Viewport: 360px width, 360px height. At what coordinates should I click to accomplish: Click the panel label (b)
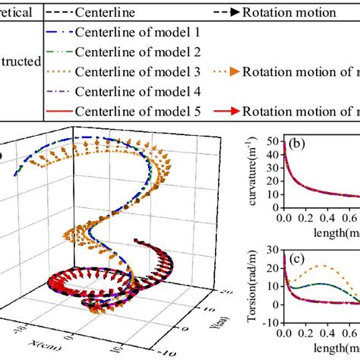(x=298, y=144)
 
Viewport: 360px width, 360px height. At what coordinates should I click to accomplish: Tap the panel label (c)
(x=297, y=259)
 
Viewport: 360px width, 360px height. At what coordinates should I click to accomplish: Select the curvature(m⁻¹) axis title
(x=255, y=172)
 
